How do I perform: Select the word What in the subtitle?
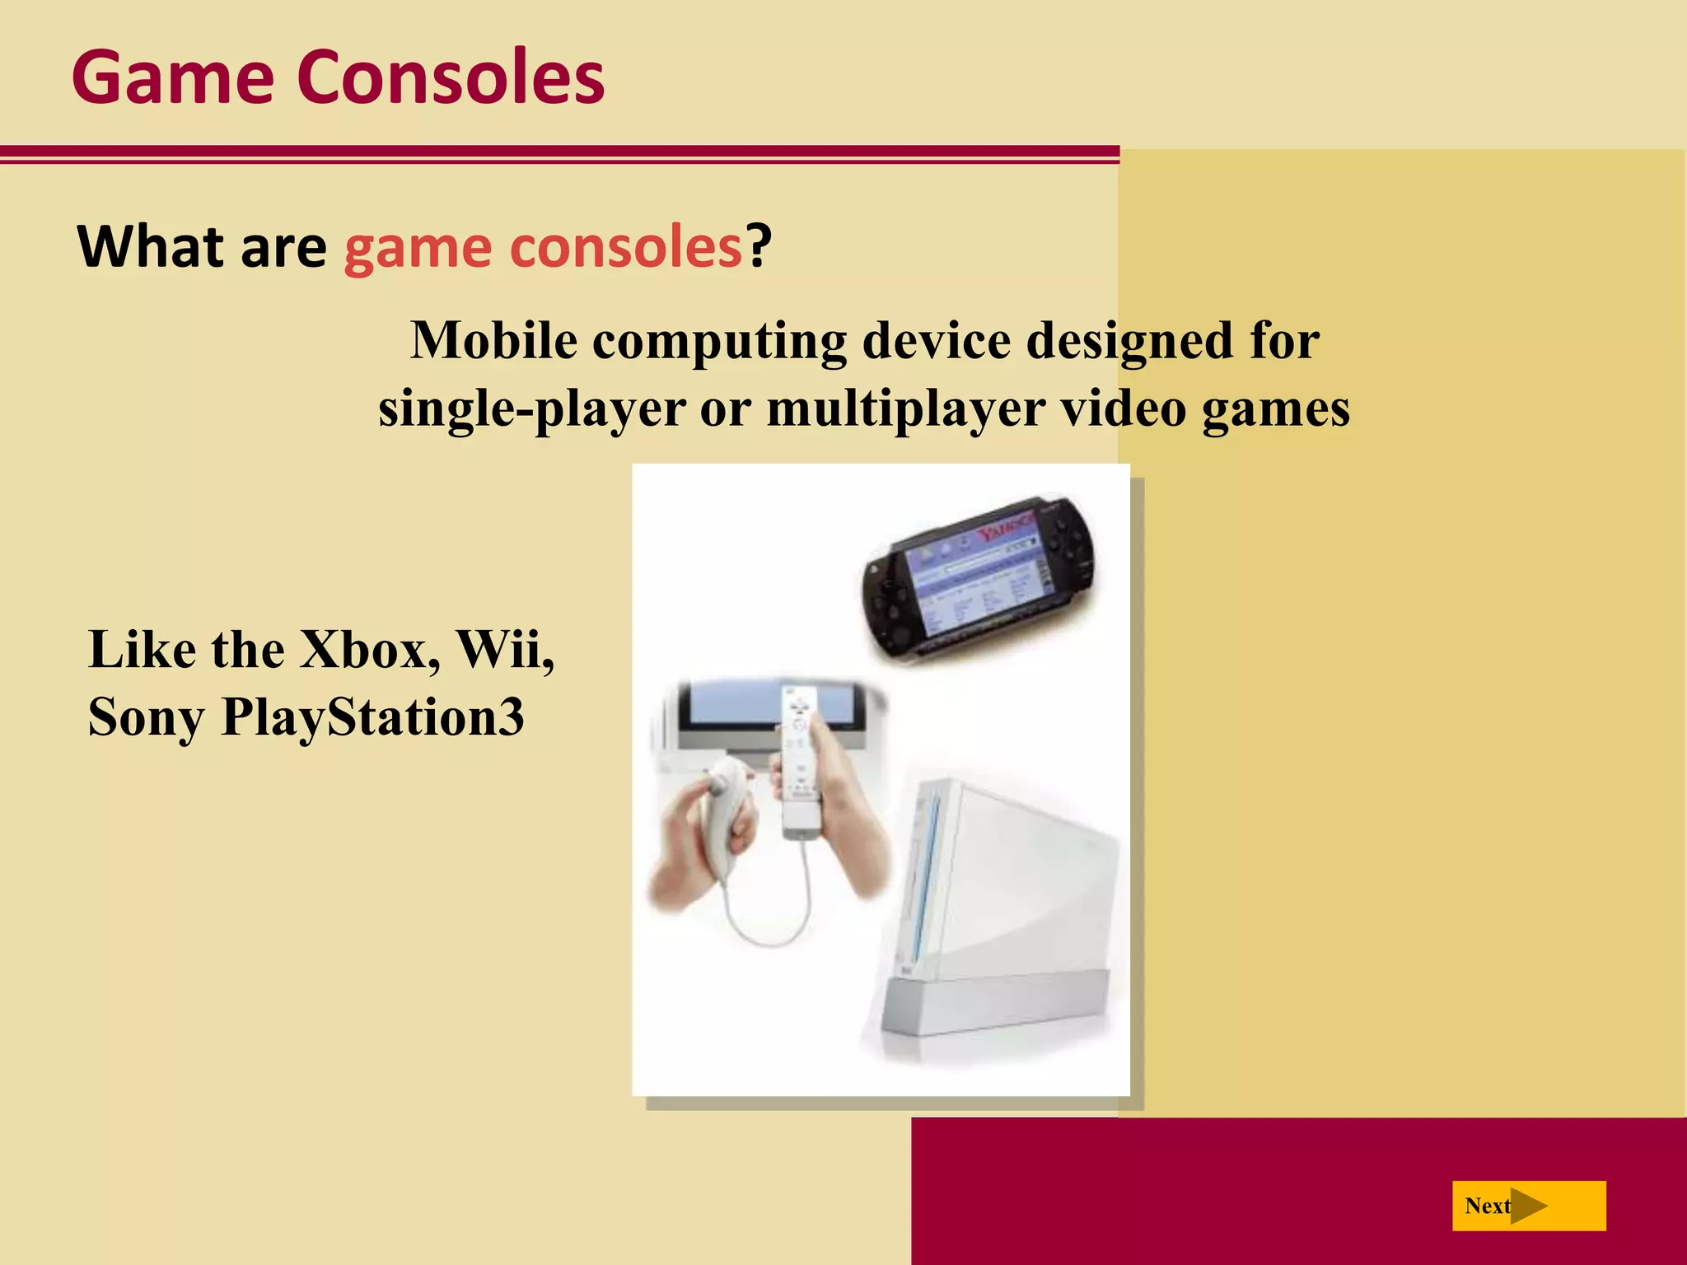[147, 246]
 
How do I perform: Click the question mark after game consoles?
[759, 246]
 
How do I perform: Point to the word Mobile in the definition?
[494, 340]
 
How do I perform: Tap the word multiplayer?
[906, 408]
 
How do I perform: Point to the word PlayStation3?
[372, 717]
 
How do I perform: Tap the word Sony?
[146, 717]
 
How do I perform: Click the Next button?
[1528, 1206]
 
